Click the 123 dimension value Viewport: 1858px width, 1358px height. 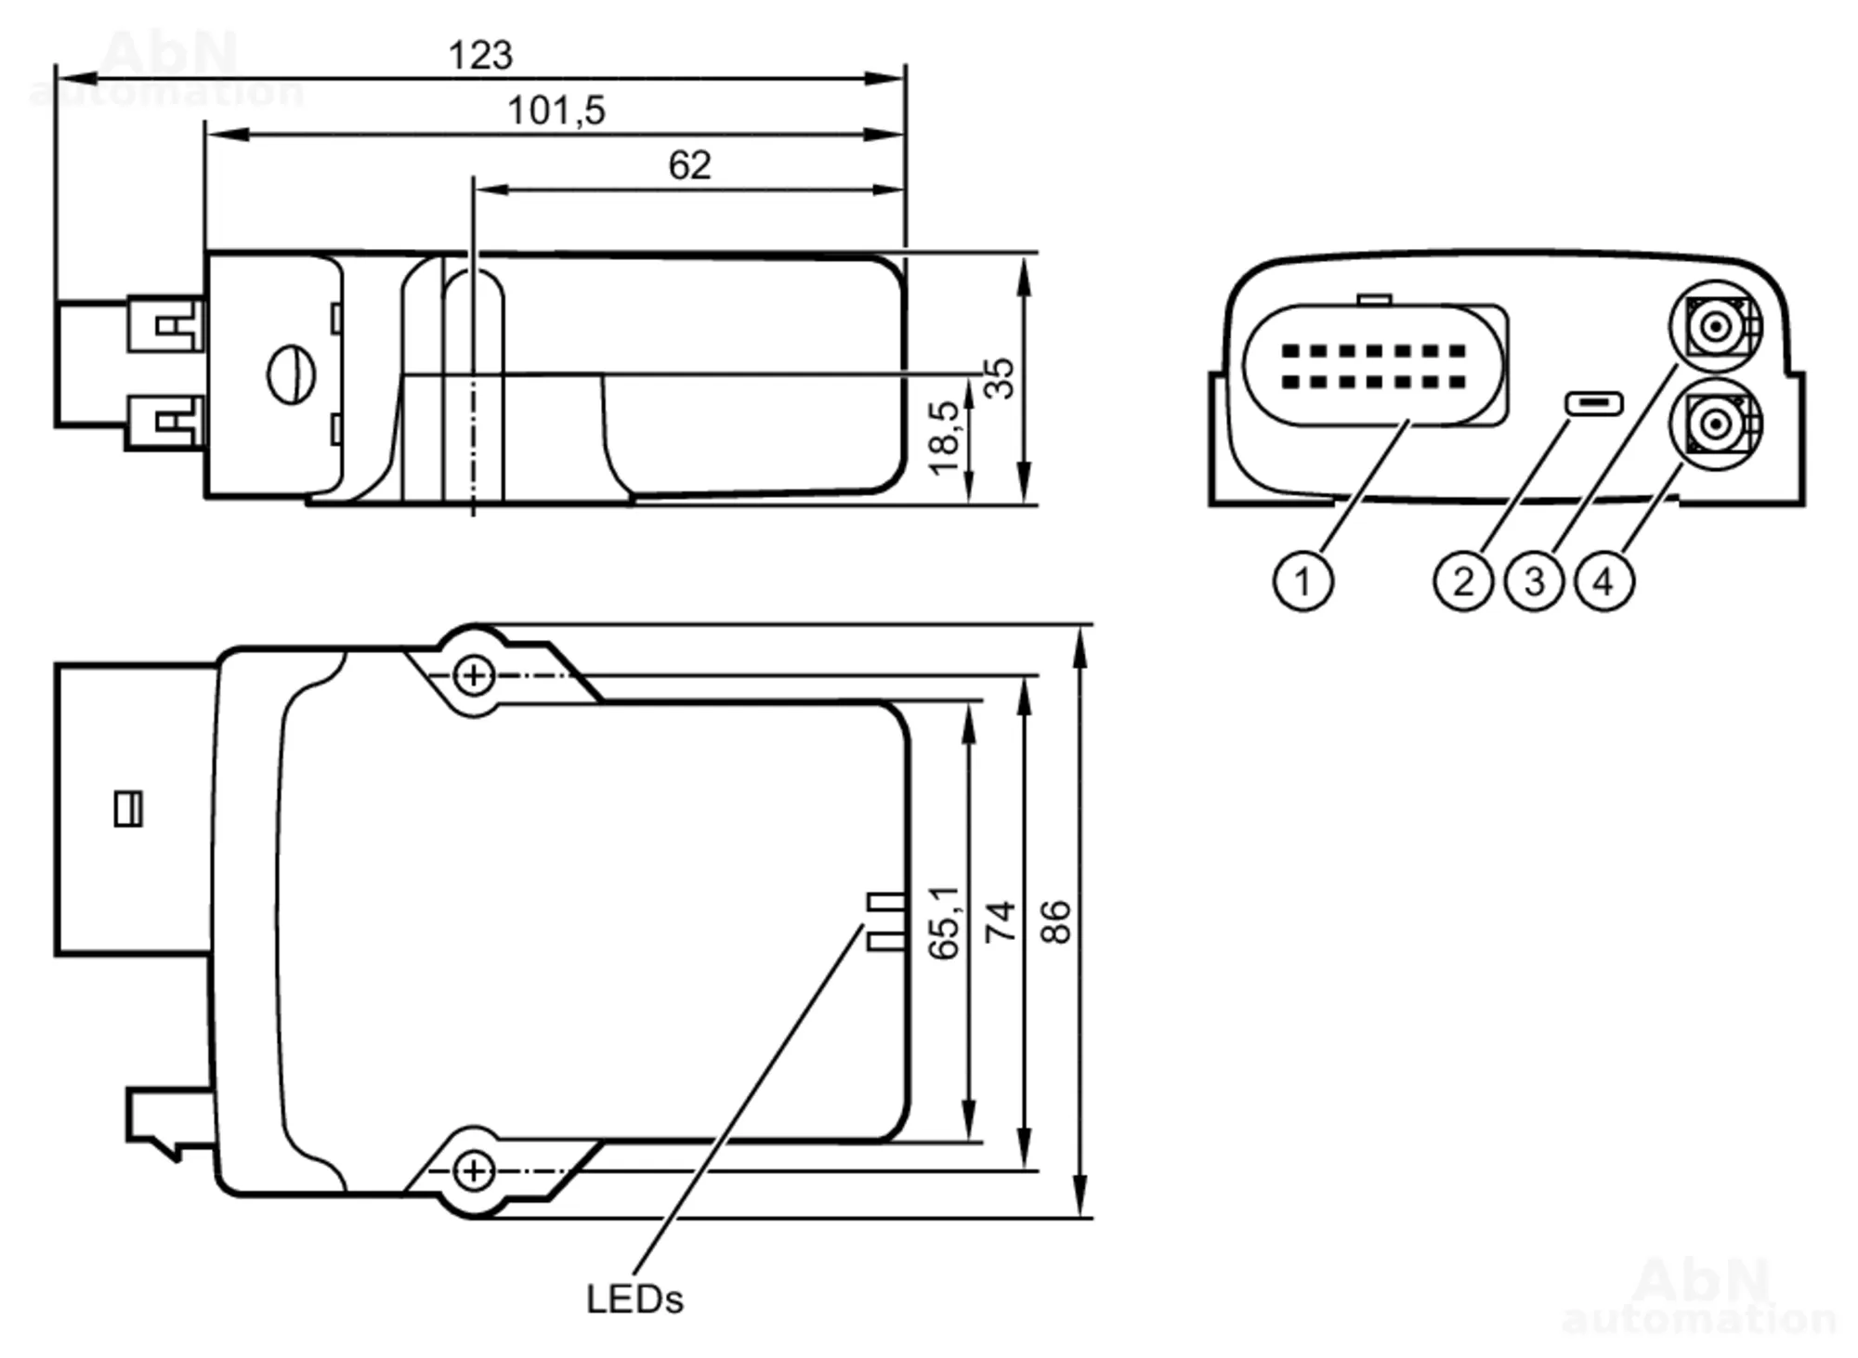click(x=480, y=56)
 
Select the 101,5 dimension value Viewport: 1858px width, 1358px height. click(x=556, y=111)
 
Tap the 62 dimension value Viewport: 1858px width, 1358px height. click(x=689, y=166)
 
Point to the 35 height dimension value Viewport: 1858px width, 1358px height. click(x=1000, y=378)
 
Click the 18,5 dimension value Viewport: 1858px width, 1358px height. click(x=945, y=437)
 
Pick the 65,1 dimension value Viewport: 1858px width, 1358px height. click(x=945, y=921)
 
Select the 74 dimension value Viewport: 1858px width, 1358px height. click(x=1001, y=921)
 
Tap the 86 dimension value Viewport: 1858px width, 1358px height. click(x=1057, y=921)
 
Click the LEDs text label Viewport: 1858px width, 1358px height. click(x=635, y=1299)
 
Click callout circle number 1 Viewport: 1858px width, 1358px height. click(x=1302, y=581)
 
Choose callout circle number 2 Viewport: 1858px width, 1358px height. click(x=1463, y=581)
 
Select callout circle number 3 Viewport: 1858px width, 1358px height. click(x=1534, y=581)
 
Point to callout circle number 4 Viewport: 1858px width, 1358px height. click(x=1604, y=581)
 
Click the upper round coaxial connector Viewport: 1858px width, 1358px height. click(x=1716, y=327)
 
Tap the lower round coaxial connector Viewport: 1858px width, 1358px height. click(x=1716, y=424)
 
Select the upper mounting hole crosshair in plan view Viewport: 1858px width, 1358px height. click(x=474, y=675)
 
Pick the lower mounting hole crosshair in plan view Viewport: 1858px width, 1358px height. click(x=474, y=1170)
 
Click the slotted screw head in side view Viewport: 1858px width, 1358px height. click(x=291, y=375)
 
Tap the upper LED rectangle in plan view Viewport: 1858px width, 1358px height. click(x=885, y=901)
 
